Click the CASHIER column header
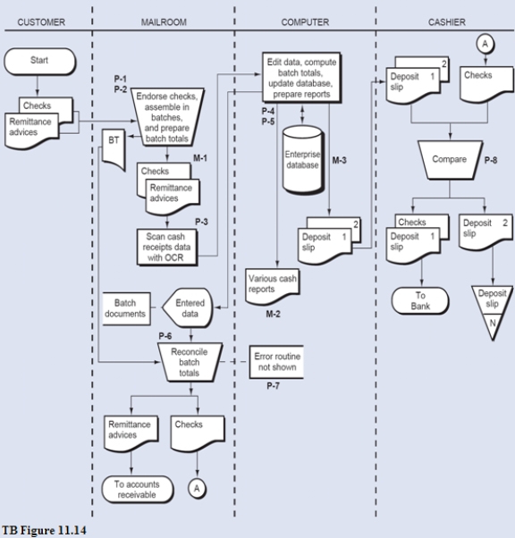tap(446, 21)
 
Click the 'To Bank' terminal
tap(419, 301)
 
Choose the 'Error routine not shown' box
tap(278, 363)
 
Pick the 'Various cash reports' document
tap(274, 284)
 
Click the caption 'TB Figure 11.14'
tap(43, 530)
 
